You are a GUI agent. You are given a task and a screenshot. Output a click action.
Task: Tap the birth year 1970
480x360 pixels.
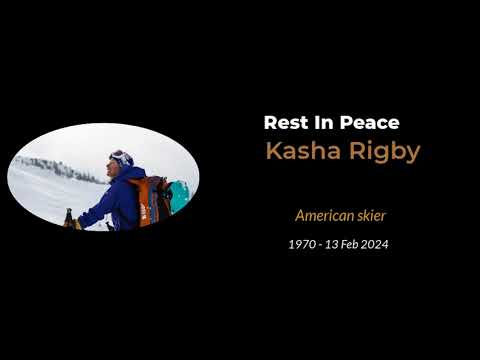pos(301,244)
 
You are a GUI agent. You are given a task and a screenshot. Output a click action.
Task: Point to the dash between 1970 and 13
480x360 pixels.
pos(320,244)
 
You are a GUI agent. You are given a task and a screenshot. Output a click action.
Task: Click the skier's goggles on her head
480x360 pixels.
pos(121,157)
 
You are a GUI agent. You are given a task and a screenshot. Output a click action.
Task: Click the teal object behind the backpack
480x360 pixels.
pos(178,196)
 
